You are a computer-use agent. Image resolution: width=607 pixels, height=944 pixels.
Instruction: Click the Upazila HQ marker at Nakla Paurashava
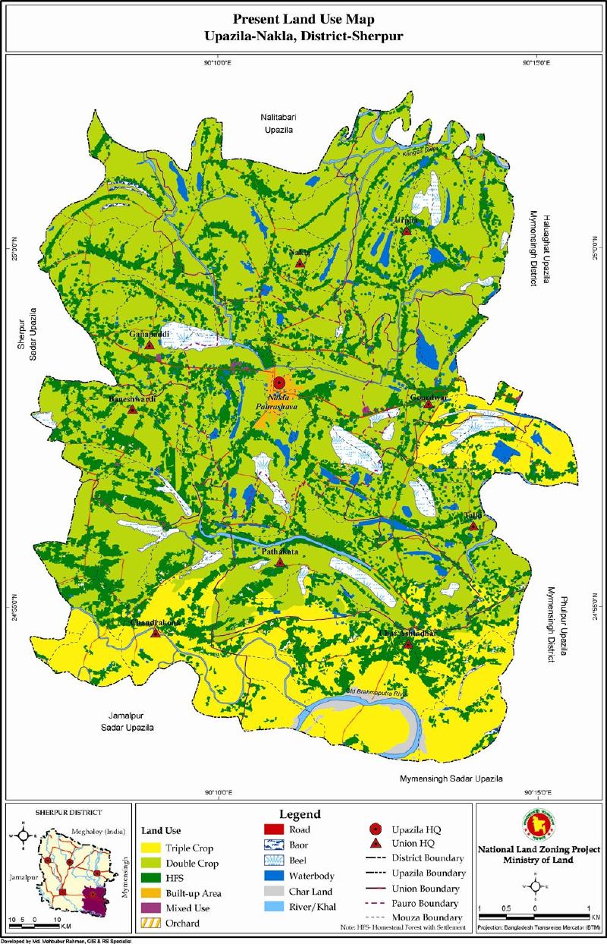(x=278, y=384)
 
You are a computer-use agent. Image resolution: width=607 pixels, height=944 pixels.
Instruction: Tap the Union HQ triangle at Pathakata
(x=281, y=562)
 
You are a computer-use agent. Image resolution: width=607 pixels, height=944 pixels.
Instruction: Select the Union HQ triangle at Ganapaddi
(x=150, y=345)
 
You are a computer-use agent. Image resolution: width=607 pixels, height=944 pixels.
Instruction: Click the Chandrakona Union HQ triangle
(x=156, y=633)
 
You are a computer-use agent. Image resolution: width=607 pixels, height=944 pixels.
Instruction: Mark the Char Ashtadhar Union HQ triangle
(x=408, y=644)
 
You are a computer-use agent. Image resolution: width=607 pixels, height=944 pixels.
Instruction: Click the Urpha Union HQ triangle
(x=407, y=231)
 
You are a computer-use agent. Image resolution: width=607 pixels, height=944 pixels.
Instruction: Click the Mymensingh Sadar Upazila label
(x=451, y=779)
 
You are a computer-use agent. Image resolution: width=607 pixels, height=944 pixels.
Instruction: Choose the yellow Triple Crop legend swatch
(x=153, y=848)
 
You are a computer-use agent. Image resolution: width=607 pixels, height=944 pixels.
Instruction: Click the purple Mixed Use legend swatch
(x=153, y=908)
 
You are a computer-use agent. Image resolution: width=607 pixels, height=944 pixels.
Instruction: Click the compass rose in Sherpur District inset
(x=24, y=835)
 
